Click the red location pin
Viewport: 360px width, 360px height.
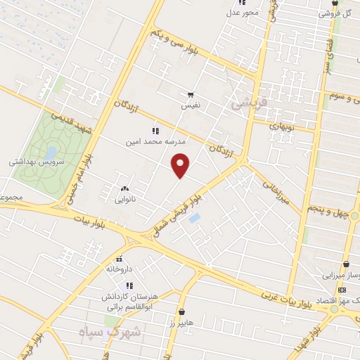[181, 165]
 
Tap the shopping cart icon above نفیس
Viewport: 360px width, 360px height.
[191, 95]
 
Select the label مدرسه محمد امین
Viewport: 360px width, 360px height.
[150, 141]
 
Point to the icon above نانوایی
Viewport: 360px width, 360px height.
[124, 188]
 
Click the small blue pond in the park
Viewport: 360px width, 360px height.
[51, 151]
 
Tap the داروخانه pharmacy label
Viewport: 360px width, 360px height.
[120, 269]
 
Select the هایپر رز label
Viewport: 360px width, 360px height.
[181, 321]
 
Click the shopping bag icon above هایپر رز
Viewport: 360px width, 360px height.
[181, 311]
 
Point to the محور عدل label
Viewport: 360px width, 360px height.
[244, 12]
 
